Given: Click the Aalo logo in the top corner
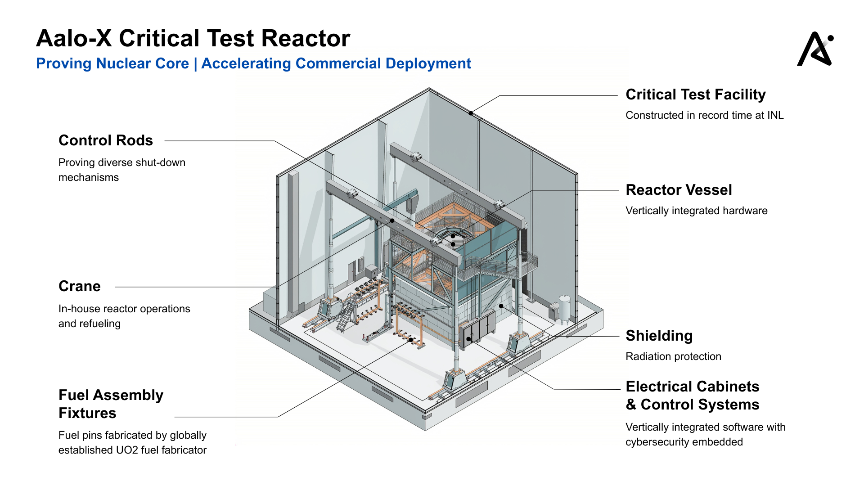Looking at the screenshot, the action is (815, 49).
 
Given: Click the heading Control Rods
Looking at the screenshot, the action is (106, 140).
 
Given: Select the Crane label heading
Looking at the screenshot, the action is (80, 286).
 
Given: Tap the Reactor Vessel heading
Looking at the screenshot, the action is (679, 190).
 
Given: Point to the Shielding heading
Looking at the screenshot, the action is (659, 336).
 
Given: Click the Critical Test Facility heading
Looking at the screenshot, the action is (696, 94).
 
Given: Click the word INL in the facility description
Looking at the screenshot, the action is (775, 115).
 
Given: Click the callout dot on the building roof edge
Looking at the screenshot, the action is (471, 113).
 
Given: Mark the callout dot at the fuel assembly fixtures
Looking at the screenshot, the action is (410, 340).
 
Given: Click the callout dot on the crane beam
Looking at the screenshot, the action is (392, 220).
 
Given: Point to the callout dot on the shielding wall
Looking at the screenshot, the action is (501, 306).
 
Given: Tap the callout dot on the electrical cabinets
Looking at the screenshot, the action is (468, 339).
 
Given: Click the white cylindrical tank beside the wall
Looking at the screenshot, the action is (564, 309).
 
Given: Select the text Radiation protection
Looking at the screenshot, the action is (673, 356).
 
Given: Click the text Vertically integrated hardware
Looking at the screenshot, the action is (697, 211).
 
